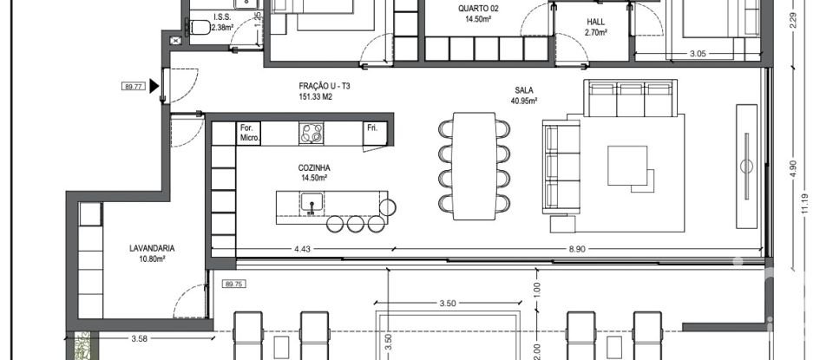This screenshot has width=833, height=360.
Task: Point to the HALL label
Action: (595, 23)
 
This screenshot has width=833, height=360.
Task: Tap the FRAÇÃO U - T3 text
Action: (324, 88)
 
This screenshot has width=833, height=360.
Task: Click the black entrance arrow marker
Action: (154, 86)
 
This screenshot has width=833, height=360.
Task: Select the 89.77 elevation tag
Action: (133, 86)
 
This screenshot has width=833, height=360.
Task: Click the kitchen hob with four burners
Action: (312, 133)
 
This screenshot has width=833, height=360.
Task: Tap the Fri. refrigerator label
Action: (373, 128)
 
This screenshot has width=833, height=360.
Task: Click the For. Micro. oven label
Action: (249, 133)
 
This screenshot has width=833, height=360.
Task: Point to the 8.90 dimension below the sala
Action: (576, 250)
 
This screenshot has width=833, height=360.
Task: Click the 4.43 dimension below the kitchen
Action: (302, 250)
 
